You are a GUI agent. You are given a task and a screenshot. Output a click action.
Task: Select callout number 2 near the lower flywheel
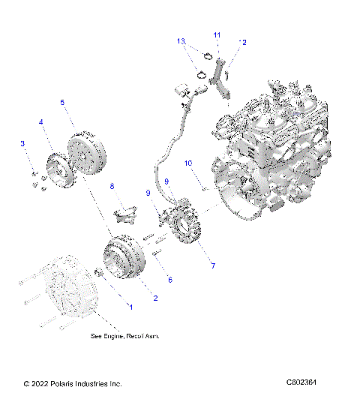click(x=155, y=298)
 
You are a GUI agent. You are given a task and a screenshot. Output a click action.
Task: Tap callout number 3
click(x=22, y=143)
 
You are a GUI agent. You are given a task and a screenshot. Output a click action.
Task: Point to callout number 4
click(x=42, y=121)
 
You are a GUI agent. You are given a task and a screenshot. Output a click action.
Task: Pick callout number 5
click(x=62, y=101)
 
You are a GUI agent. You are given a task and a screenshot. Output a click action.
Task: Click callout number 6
click(x=169, y=280)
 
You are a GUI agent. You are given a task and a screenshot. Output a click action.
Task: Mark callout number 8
click(x=112, y=186)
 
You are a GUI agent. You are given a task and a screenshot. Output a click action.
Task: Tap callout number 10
click(x=188, y=162)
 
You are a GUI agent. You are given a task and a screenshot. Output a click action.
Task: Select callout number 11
click(x=217, y=35)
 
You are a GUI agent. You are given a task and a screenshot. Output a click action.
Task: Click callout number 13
click(x=181, y=40)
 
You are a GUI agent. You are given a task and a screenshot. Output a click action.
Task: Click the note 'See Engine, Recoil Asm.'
click(x=124, y=336)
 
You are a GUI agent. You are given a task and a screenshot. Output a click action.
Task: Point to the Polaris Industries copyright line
click(x=72, y=384)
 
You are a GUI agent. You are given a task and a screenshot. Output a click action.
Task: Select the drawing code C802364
click(x=301, y=383)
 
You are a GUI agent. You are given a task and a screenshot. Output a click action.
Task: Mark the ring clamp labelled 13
click(x=201, y=73)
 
